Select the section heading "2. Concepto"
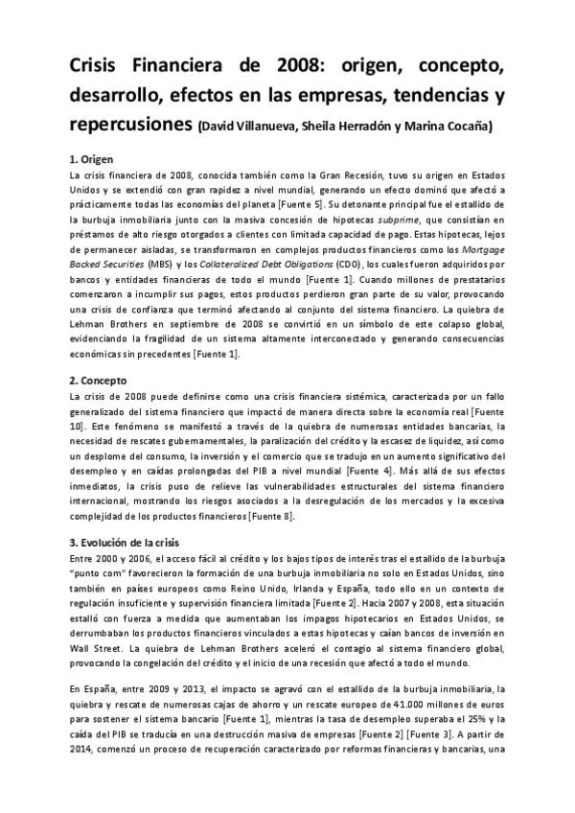click(103, 380)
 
